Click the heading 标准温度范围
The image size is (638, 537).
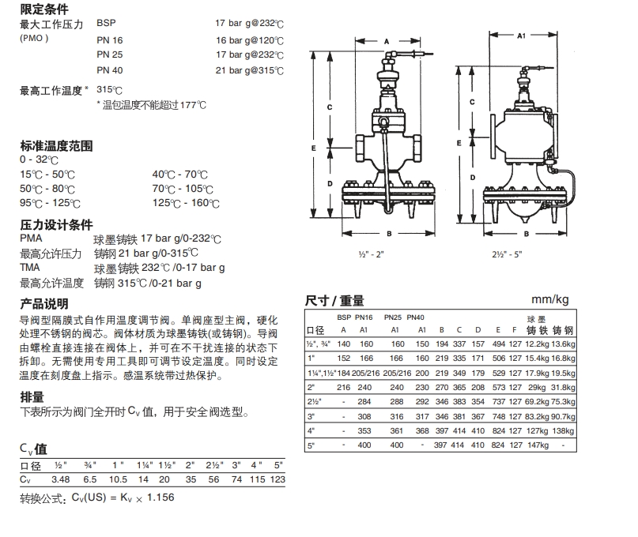pyautogui.click(x=56, y=146)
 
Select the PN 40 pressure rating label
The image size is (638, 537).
pyautogui.click(x=110, y=71)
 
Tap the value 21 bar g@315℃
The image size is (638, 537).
pyautogui.click(x=249, y=71)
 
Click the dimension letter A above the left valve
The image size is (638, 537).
pyautogui.click(x=387, y=39)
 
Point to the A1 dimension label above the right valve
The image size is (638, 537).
pyautogui.click(x=521, y=36)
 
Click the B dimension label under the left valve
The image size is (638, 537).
pyautogui.click(x=389, y=234)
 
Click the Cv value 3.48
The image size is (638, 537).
pyautogui.click(x=61, y=479)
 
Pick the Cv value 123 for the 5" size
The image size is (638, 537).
pyautogui.click(x=277, y=479)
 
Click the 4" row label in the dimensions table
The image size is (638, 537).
pyautogui.click(x=311, y=431)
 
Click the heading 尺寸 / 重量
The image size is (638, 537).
pyautogui.click(x=334, y=300)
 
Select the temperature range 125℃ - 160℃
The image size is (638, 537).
pyautogui.click(x=187, y=203)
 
